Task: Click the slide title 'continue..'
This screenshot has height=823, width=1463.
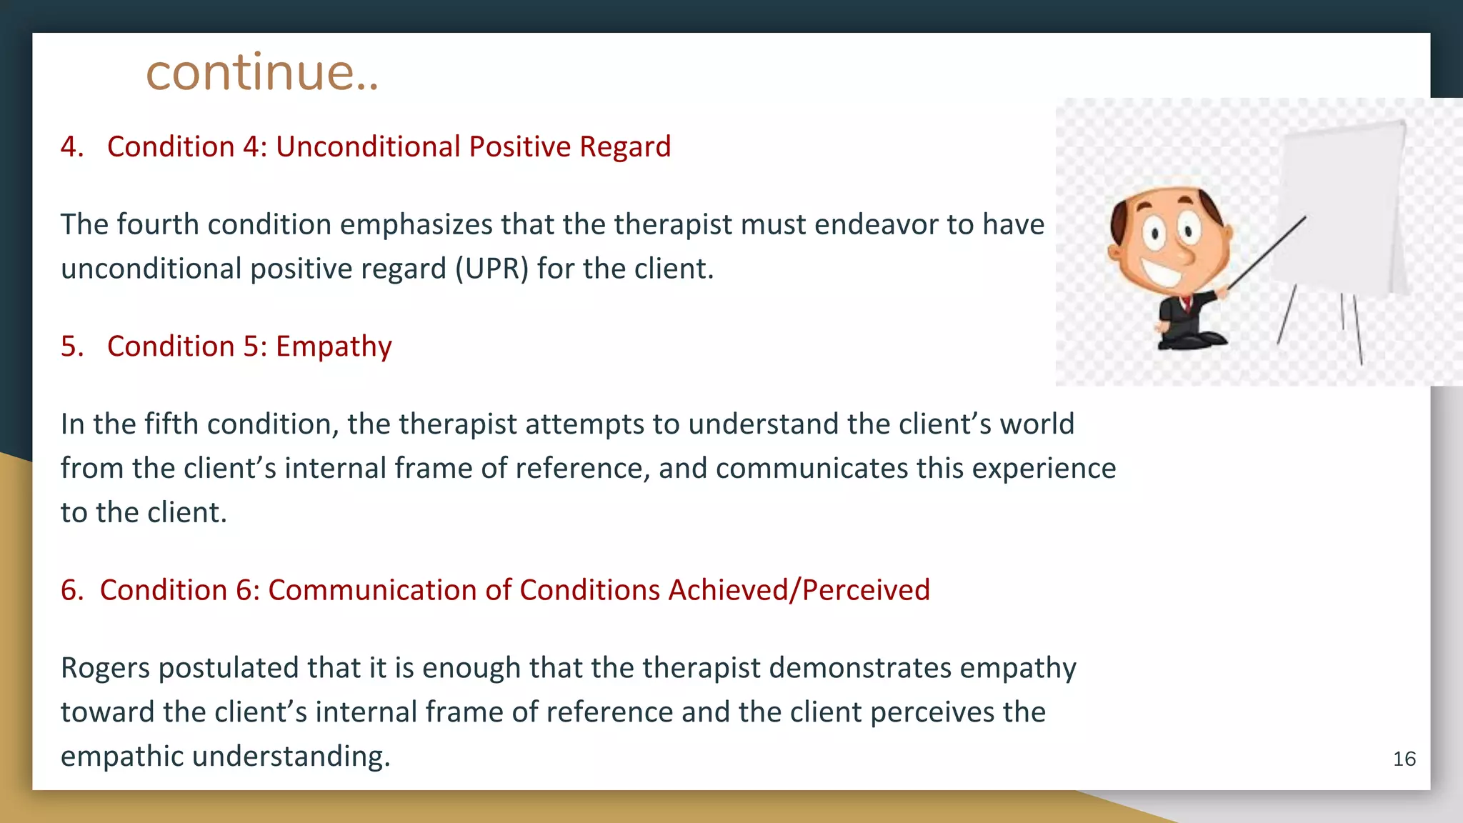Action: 261,73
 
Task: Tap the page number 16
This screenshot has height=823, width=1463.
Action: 1404,759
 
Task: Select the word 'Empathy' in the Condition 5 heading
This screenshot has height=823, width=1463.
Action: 334,346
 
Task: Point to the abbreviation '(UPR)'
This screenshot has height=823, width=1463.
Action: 491,269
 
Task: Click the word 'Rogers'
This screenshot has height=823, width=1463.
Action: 105,668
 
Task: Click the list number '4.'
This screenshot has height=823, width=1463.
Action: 72,146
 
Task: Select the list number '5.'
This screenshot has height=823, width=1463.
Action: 72,346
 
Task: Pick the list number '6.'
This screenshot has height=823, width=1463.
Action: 72,590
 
